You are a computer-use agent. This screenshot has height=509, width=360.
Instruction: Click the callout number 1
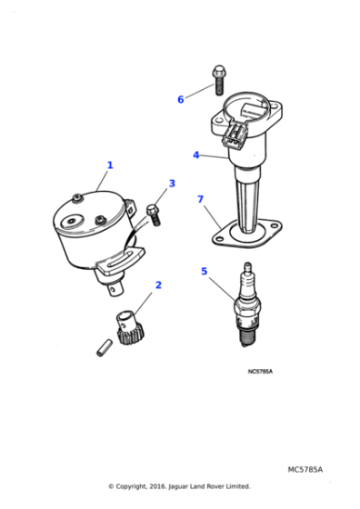(110, 165)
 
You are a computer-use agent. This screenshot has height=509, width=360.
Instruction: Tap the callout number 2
(158, 284)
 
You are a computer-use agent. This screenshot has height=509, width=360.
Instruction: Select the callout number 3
(171, 185)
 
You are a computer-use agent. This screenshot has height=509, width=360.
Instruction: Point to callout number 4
(195, 155)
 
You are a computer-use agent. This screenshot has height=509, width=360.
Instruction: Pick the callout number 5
(204, 271)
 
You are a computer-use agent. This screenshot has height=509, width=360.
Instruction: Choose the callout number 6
(180, 98)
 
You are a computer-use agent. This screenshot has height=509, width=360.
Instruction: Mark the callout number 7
(200, 199)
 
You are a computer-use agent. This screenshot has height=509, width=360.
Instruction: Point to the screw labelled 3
(153, 215)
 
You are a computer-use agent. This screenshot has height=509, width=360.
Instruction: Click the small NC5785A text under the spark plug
(259, 371)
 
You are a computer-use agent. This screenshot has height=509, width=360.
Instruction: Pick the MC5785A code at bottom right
(305, 470)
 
